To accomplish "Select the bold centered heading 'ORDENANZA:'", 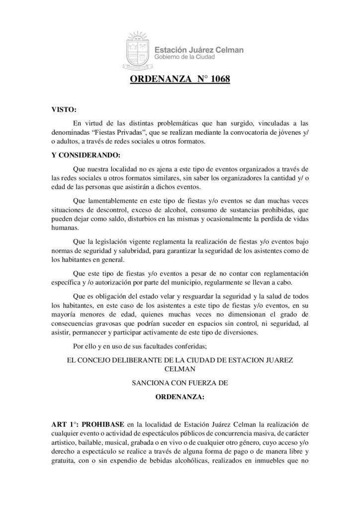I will point(180,398).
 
